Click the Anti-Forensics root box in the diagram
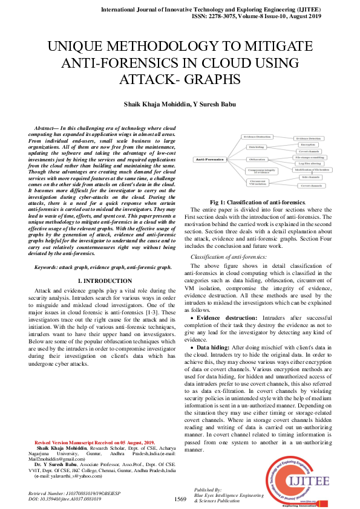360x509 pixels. pos(209,159)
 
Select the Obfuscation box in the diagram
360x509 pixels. pos(256,159)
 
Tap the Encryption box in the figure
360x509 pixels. pos(307,145)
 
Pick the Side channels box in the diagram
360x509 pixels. pos(310,177)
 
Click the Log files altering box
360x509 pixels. pos(310,163)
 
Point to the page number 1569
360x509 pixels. pos(180,499)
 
